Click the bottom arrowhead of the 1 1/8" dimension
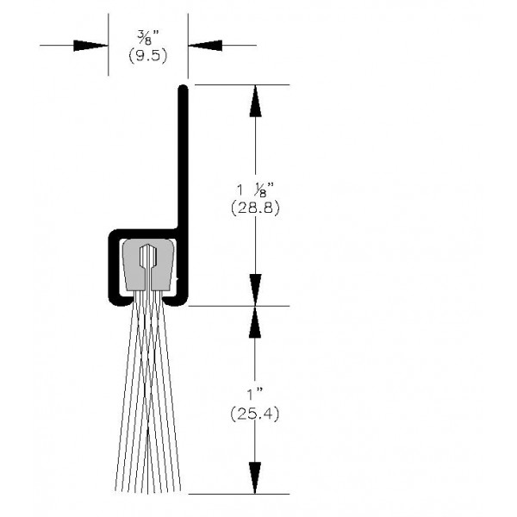point(254,288)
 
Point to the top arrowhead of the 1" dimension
point(254,322)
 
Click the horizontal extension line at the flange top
point(241,84)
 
